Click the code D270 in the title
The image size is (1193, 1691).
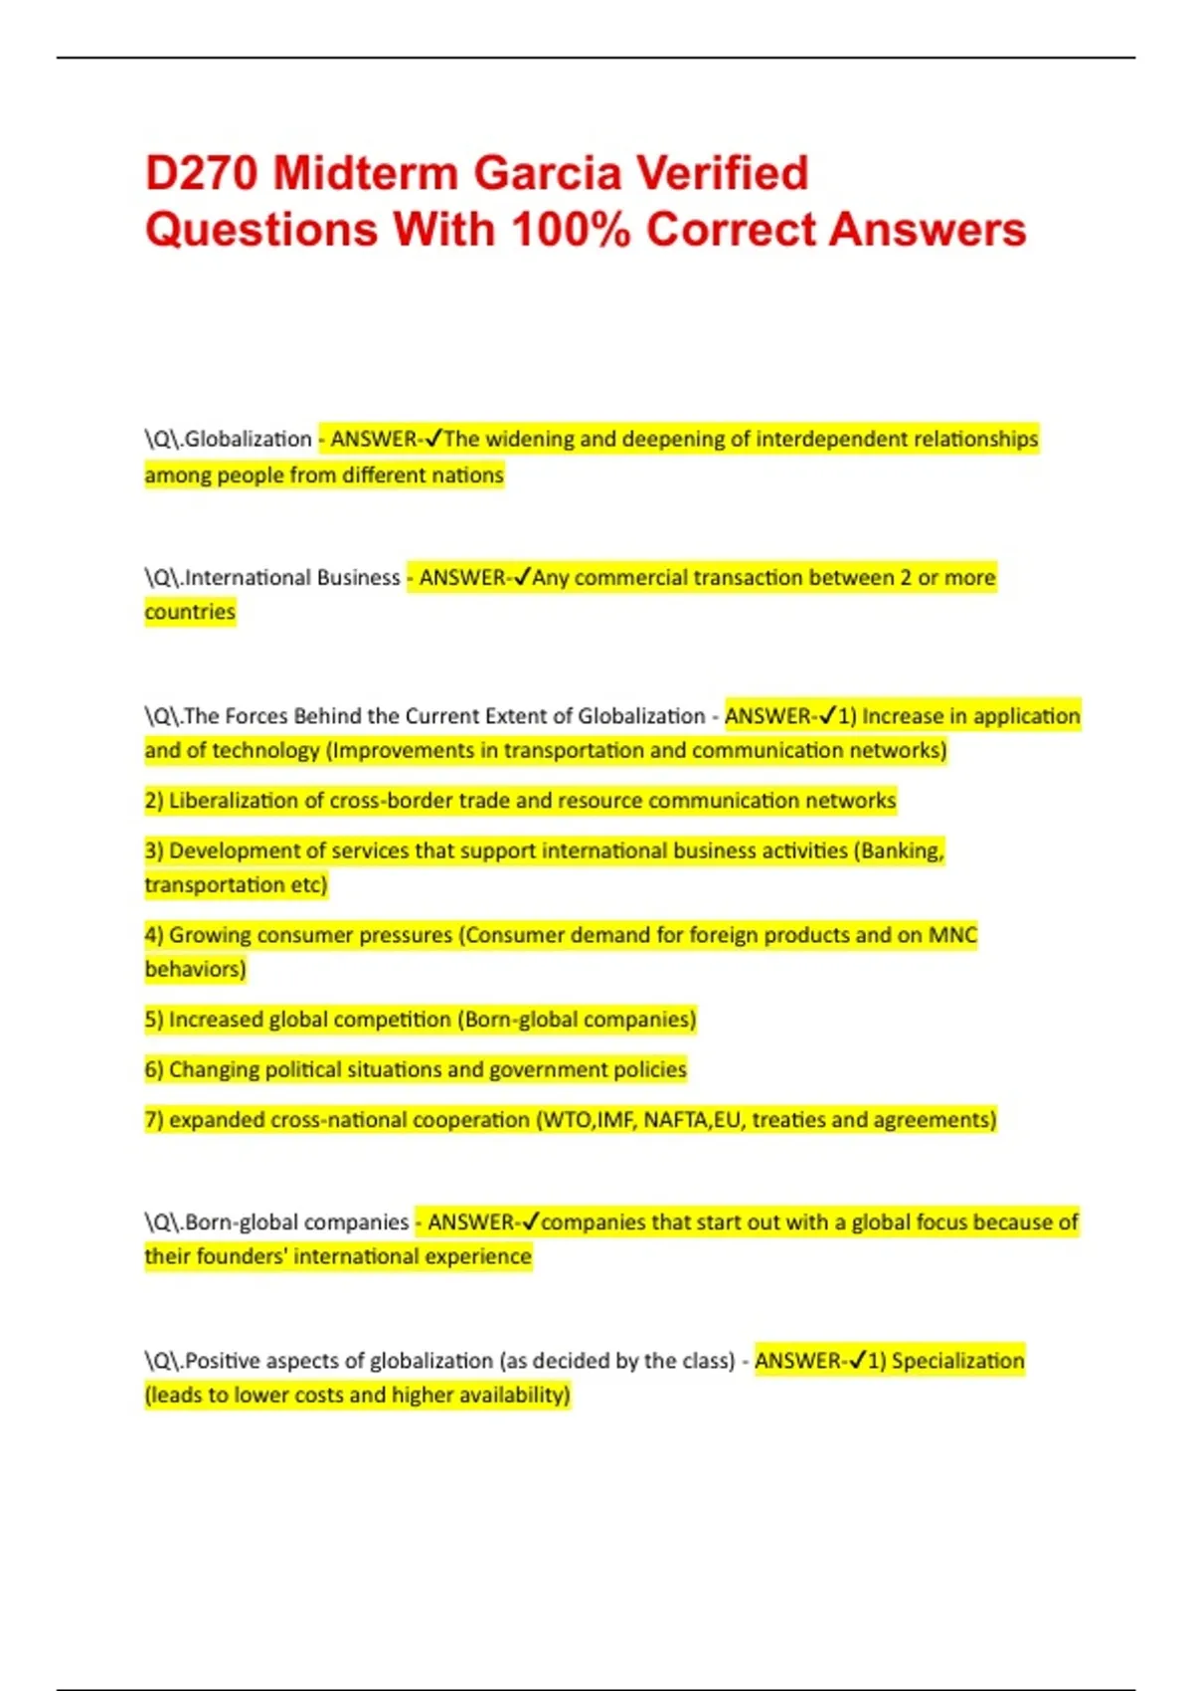tap(202, 173)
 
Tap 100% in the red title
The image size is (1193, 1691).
tap(571, 230)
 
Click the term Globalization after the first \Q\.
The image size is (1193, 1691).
tap(249, 439)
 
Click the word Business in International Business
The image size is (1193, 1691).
tap(354, 577)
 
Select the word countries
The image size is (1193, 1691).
tap(190, 612)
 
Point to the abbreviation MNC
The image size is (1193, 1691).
tap(952, 935)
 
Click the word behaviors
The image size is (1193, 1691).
tap(195, 969)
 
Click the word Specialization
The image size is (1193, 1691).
tap(957, 1361)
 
